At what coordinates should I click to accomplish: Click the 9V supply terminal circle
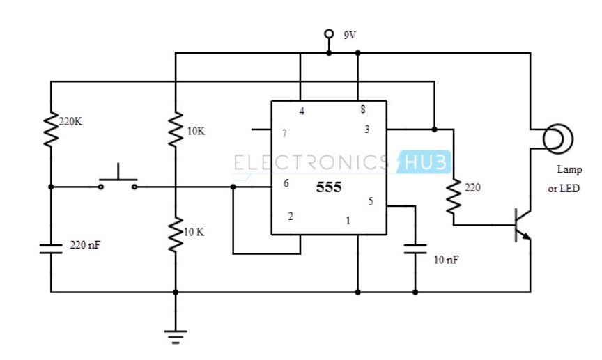pyautogui.click(x=329, y=34)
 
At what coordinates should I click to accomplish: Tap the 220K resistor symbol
pyautogui.click(x=51, y=130)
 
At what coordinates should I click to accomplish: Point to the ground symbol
pyautogui.click(x=175, y=336)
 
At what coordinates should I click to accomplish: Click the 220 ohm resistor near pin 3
pyautogui.click(x=454, y=197)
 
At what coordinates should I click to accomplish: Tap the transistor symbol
pyautogui.click(x=521, y=225)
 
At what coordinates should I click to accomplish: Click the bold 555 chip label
pyautogui.click(x=329, y=188)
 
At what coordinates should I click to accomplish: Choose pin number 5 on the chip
pyautogui.click(x=370, y=202)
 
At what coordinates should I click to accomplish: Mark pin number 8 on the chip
pyautogui.click(x=362, y=110)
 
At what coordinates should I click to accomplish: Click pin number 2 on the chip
pyautogui.click(x=291, y=216)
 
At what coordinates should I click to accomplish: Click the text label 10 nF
pyautogui.click(x=446, y=260)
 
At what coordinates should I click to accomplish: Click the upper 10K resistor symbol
pyautogui.click(x=175, y=130)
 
